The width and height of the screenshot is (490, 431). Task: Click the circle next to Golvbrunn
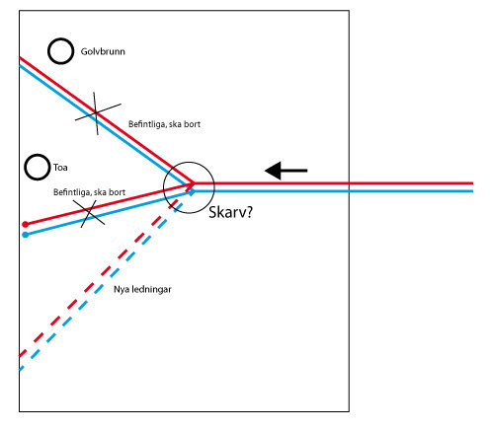[x=48, y=51]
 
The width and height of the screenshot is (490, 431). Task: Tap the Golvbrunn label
[x=103, y=51]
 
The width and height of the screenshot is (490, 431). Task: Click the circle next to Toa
[x=26, y=168]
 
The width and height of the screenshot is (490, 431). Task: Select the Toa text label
[x=60, y=168]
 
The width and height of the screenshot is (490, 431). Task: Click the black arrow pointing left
[x=286, y=171]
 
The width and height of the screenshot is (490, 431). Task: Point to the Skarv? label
[x=230, y=212]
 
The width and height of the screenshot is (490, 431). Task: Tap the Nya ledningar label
[x=142, y=289]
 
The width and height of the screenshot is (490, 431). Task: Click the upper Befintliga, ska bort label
[x=164, y=124]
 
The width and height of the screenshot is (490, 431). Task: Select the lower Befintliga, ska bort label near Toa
[x=89, y=192]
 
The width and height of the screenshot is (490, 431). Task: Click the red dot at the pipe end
[x=26, y=225]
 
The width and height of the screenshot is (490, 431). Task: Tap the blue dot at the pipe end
[x=26, y=235]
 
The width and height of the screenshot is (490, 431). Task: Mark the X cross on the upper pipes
[x=96, y=113]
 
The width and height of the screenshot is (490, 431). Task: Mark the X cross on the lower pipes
[x=89, y=213]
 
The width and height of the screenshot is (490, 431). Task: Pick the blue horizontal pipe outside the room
[x=412, y=191]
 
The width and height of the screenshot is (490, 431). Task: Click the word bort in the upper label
[x=193, y=124]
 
